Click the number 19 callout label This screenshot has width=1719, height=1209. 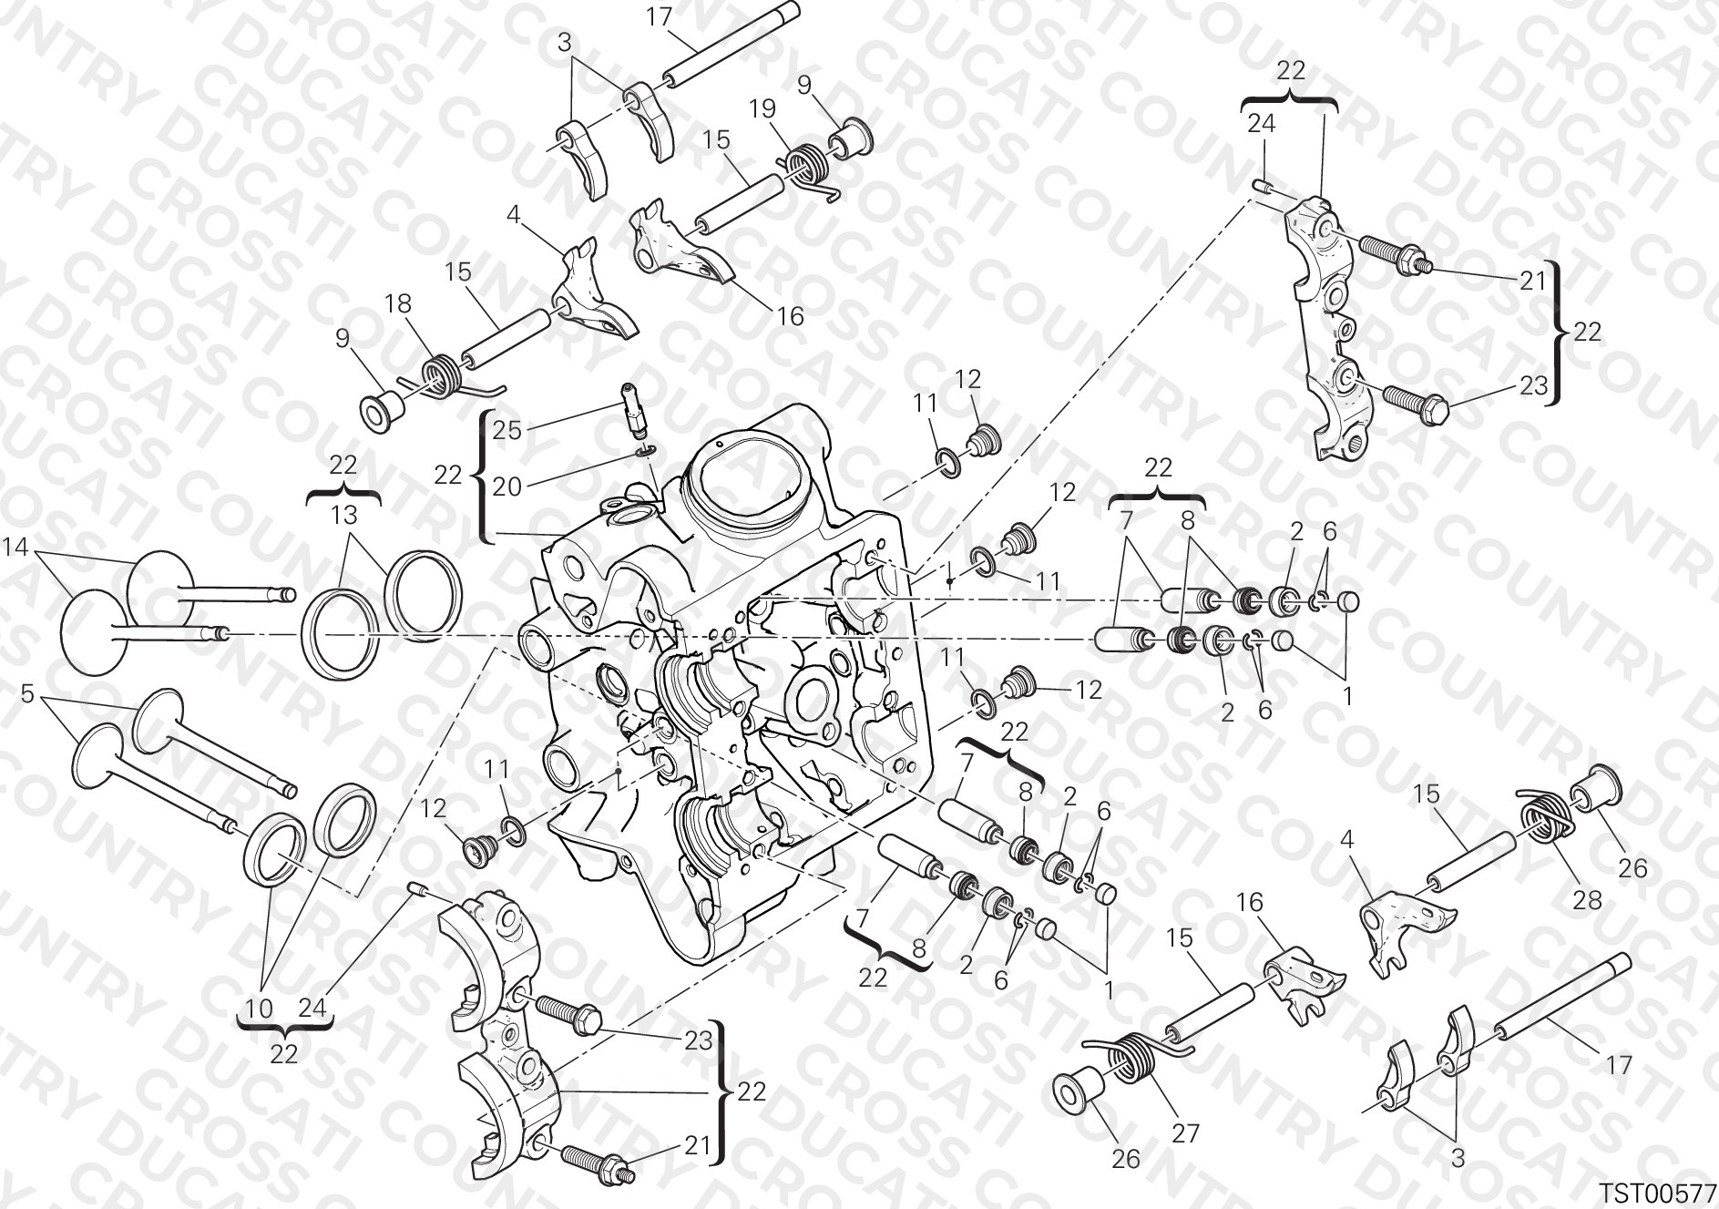(762, 108)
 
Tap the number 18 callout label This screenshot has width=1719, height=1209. (399, 304)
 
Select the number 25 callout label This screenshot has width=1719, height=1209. (507, 430)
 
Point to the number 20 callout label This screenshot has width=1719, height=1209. (507, 487)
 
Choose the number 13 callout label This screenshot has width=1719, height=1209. (344, 516)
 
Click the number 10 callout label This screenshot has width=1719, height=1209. (260, 1009)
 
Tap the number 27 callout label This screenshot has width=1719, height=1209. (1185, 1133)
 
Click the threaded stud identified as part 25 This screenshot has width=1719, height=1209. (633, 406)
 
